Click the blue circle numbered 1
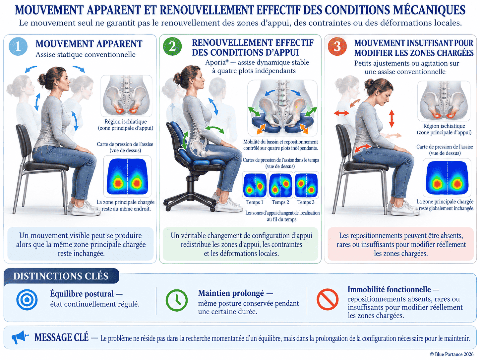pos(18,46)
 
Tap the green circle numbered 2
pos(172,46)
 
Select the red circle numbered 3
pos(337,46)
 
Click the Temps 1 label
pos(255,202)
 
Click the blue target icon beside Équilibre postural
pos(27,300)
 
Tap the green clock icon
pos(176,300)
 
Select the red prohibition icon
pos(328,299)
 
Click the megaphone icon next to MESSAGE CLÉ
pos(20,337)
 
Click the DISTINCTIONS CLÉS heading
pos(61,276)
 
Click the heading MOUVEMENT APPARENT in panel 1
pos(89,44)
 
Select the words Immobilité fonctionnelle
pos(389,289)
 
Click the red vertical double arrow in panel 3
pos(391,119)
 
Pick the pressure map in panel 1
pos(127,176)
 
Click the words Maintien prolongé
pos(231,293)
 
